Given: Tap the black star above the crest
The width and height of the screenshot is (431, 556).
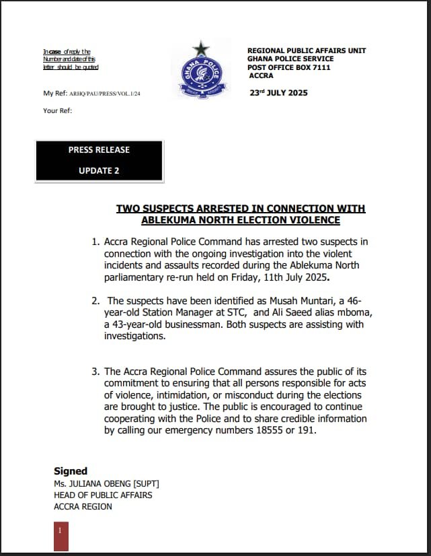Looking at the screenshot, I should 200,48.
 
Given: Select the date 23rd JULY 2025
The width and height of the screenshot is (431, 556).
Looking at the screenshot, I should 278,93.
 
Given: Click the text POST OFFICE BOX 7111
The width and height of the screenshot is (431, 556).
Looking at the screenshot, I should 288,67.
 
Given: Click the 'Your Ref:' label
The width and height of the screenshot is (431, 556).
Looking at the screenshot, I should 57,110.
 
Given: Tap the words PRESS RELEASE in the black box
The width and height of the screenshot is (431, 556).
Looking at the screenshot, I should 99,149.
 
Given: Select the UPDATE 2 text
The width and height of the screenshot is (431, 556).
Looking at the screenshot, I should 99,170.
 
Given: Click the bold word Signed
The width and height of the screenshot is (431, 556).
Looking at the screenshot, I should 71,471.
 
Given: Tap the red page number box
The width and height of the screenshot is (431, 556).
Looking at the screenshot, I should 61,535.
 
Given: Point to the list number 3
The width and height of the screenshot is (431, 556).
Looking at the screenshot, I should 95,371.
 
